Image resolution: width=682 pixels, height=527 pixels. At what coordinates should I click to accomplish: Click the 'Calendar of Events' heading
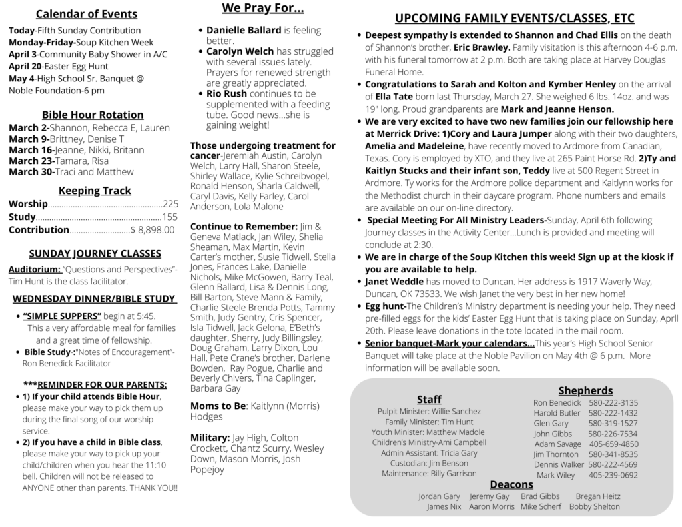(87, 14)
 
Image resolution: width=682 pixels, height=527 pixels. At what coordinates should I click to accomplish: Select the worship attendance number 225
(170, 204)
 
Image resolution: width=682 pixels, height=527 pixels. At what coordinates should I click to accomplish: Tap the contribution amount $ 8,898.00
(153, 230)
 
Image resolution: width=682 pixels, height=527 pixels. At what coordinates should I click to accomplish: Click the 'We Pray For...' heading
(262, 9)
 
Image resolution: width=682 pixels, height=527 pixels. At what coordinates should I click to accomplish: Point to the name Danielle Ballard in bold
(244, 31)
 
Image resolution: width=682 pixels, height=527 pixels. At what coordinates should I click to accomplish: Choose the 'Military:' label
(210, 438)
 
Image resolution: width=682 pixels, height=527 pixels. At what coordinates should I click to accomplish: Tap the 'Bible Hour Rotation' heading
(93, 115)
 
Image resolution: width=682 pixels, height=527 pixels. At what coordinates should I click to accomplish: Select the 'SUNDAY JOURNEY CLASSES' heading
(95, 253)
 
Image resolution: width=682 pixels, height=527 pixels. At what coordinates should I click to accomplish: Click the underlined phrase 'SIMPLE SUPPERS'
(62, 316)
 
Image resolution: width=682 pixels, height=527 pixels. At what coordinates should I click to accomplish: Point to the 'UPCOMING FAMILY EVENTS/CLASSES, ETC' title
(514, 18)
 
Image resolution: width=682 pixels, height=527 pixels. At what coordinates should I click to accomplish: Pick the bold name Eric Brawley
(482, 47)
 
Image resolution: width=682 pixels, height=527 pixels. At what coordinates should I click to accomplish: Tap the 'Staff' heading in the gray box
(429, 399)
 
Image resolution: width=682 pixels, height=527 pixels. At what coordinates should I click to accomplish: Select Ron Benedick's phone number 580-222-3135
(613, 402)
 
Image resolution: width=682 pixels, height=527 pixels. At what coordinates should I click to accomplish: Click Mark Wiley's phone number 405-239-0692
(613, 475)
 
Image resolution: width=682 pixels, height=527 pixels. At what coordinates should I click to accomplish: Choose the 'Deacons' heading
(511, 484)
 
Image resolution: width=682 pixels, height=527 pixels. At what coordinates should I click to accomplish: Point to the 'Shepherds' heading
(585, 390)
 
